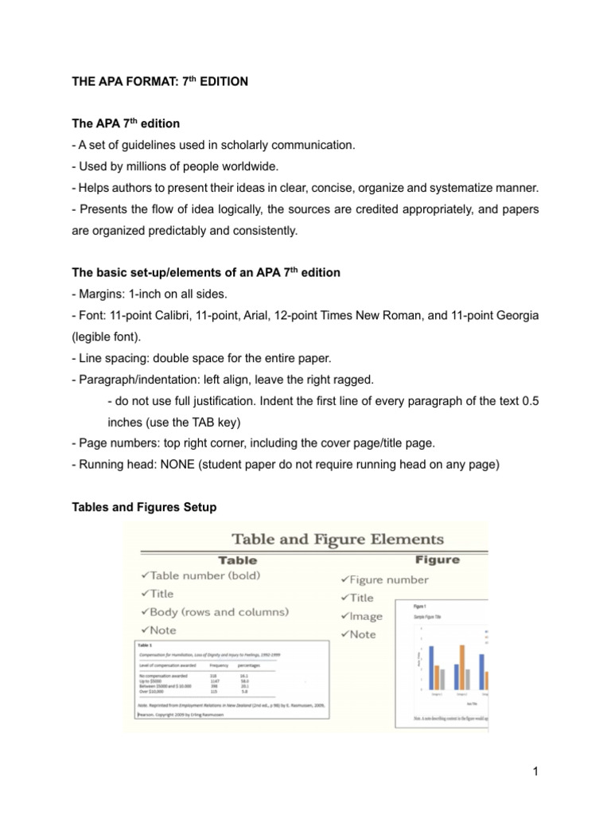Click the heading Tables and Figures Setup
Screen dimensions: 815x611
[x=143, y=507]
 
